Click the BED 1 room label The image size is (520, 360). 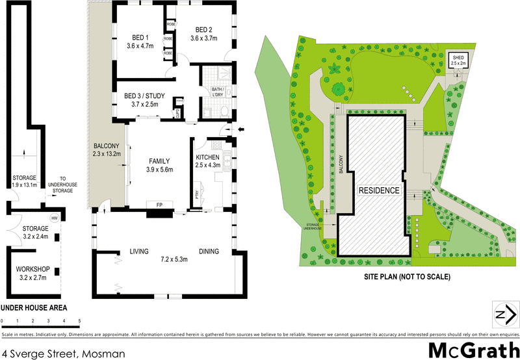pyautogui.click(x=138, y=37)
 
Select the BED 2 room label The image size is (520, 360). pyautogui.click(x=203, y=29)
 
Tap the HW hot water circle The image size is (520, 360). pyautogui.click(x=55, y=218)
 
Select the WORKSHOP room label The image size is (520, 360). pyautogui.click(x=32, y=268)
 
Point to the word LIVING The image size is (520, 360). pyautogui.click(x=139, y=251)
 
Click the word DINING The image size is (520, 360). pyautogui.click(x=209, y=251)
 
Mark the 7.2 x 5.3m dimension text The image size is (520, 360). pyautogui.click(x=174, y=259)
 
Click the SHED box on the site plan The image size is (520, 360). pyautogui.click(x=459, y=60)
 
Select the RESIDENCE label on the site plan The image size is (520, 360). pyautogui.click(x=378, y=190)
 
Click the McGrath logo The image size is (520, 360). pyautogui.click(x=474, y=348)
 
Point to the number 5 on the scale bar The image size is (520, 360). pyautogui.click(x=79, y=321)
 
